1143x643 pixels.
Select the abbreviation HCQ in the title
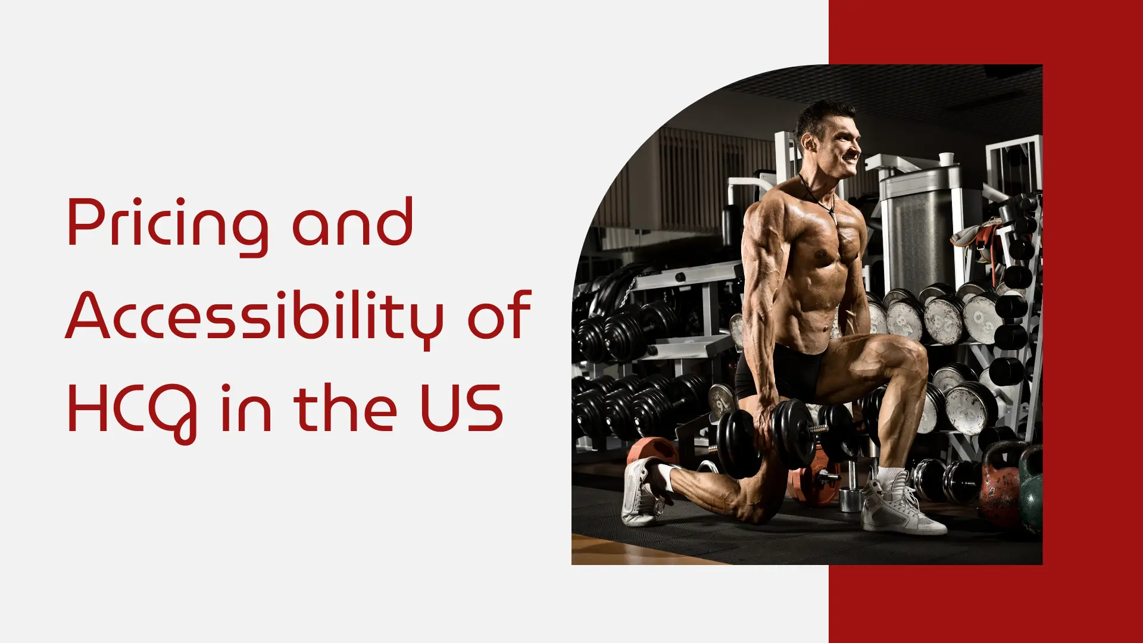pyautogui.click(x=132, y=409)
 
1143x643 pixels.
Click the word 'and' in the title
pyautogui.click(x=352, y=223)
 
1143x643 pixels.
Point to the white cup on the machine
pyautogui.click(x=946, y=158)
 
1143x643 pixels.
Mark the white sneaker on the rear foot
pyautogui.click(x=639, y=491)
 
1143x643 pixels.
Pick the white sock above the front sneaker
pyautogui.click(x=889, y=475)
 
